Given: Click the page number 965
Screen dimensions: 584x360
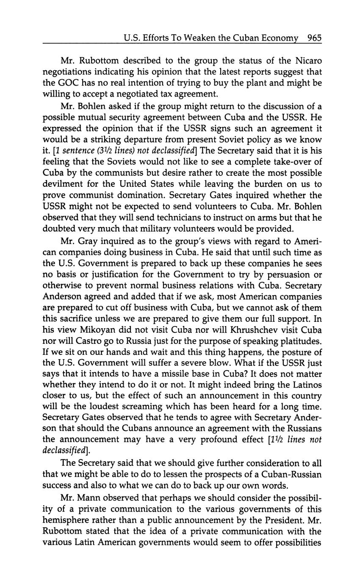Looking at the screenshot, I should click(315, 38).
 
